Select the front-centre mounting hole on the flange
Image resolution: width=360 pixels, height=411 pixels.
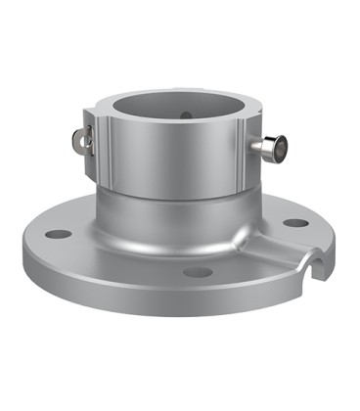pos(199,271)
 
